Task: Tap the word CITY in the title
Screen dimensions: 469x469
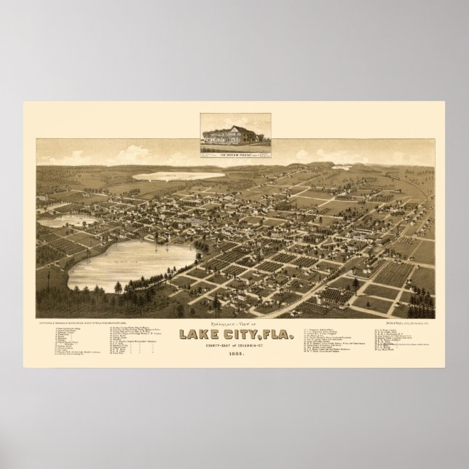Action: click(241, 315)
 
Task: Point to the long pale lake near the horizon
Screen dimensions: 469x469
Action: click(178, 176)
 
